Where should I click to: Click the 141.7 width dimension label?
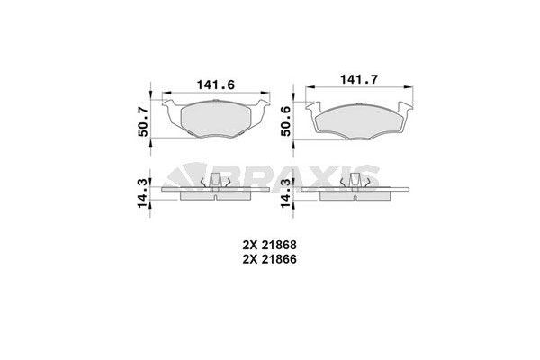pyautogui.click(x=355, y=80)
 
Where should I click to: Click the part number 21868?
pyautogui.click(x=280, y=244)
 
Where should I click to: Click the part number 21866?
pyautogui.click(x=280, y=258)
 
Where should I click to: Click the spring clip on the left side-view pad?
pyautogui.click(x=216, y=184)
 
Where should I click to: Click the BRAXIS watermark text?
pyautogui.click(x=296, y=172)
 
